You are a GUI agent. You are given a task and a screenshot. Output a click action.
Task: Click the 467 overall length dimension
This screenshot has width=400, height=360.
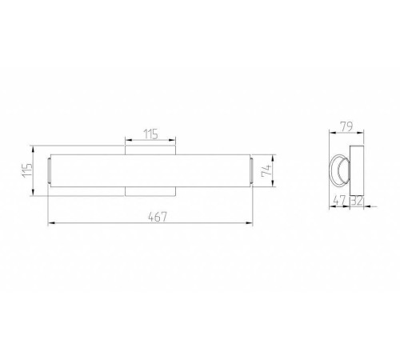158,217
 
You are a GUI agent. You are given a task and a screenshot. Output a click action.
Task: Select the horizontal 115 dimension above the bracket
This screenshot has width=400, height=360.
151,134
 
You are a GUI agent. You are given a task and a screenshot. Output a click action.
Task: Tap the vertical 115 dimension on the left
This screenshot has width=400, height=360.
27,170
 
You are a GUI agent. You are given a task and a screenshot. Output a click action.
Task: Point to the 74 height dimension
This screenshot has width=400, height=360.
266,170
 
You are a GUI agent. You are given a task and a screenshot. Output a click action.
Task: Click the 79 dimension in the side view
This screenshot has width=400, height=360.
346,126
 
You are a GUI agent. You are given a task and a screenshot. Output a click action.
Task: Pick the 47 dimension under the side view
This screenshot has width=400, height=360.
339,200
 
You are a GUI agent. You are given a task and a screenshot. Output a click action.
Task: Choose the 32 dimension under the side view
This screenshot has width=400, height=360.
357,201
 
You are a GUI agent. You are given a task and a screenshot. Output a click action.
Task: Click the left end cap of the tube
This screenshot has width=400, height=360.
49,170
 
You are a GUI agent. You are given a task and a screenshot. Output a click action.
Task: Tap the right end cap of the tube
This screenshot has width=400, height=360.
251,170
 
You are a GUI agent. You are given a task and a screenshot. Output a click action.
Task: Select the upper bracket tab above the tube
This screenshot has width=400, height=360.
150,150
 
